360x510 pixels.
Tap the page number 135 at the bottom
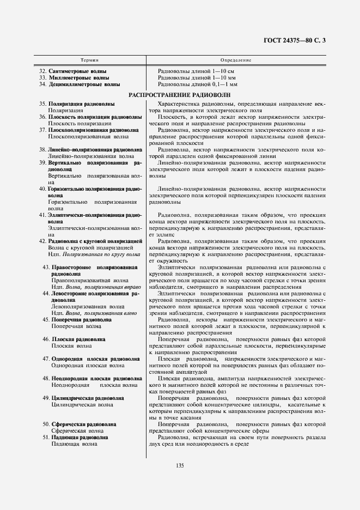(x=180, y=464)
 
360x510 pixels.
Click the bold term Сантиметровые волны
(x=77, y=71)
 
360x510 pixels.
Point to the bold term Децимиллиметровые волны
(x=84, y=84)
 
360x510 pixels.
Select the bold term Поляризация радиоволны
(x=81, y=104)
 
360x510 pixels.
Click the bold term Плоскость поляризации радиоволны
(x=95, y=117)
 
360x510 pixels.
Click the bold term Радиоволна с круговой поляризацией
(x=95, y=241)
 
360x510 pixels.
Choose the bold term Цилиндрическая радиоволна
(x=87, y=398)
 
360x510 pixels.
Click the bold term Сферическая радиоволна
(x=83, y=424)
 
